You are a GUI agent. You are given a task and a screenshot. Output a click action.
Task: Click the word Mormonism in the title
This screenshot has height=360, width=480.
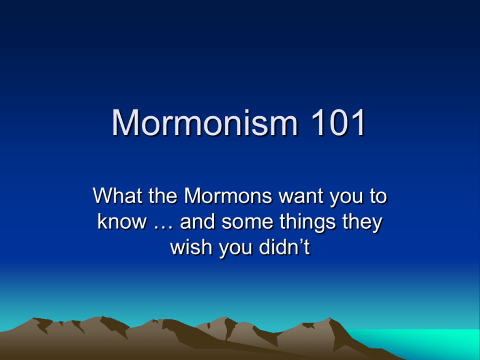click(204, 122)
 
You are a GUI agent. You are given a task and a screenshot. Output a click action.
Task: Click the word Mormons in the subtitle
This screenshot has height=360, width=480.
click(227, 196)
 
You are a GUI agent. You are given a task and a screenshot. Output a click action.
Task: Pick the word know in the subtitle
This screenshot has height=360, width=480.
click(122, 222)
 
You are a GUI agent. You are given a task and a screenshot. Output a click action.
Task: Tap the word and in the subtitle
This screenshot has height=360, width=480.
click(197, 222)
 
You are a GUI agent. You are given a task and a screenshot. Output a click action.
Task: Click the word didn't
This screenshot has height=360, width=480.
click(284, 247)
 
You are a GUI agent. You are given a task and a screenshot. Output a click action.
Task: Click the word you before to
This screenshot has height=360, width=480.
click(346, 198)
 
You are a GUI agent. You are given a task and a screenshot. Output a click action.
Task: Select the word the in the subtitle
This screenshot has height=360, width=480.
click(164, 196)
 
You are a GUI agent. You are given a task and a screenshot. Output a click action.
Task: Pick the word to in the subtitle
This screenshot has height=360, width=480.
click(378, 196)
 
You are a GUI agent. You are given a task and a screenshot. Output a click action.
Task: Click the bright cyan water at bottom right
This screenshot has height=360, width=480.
click(429, 343)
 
